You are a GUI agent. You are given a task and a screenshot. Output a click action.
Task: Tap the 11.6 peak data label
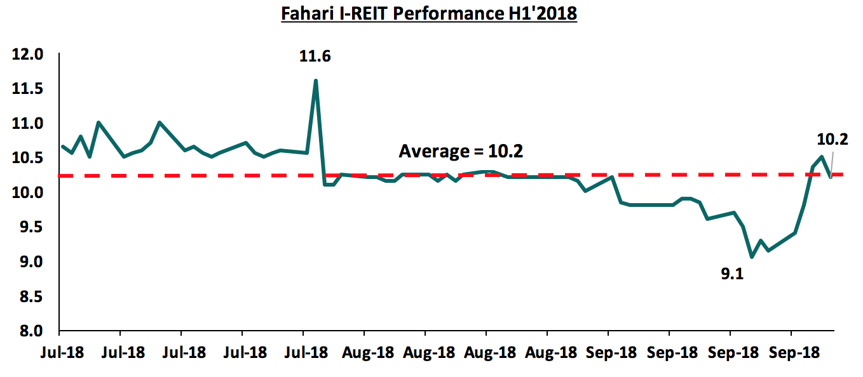coord(315,56)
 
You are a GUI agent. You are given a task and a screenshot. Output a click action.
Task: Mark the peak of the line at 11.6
coord(316,81)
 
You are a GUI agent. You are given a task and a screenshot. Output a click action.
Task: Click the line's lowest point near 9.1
coord(751,257)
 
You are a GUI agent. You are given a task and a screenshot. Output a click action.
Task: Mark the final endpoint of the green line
coord(831,177)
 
